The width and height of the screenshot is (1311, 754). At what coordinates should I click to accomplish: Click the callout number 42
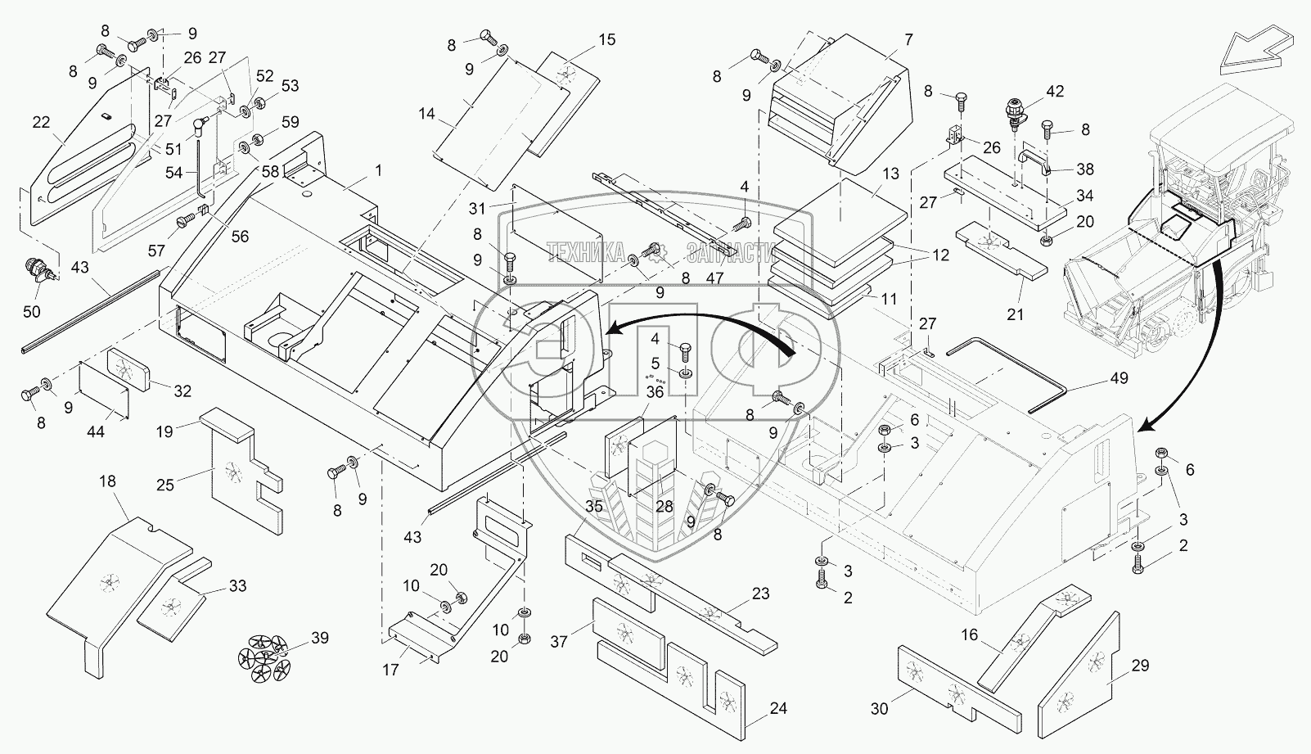point(1055,92)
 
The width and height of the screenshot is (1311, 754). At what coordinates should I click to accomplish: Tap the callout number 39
point(319,639)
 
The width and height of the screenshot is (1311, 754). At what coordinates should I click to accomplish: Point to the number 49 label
point(1119,378)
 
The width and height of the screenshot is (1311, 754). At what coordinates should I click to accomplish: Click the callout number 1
point(379,170)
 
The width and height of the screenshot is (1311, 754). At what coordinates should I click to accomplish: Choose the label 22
point(41,124)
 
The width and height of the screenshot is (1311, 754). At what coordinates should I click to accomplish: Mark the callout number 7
point(908,39)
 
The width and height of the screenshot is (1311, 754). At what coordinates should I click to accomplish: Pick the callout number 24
point(778,708)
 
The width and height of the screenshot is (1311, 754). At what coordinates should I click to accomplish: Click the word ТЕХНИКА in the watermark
point(587,251)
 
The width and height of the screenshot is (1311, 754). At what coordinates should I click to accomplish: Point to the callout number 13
point(890,174)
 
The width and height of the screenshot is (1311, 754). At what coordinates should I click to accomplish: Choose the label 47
point(715,278)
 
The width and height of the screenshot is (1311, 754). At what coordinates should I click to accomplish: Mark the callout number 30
point(879,709)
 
